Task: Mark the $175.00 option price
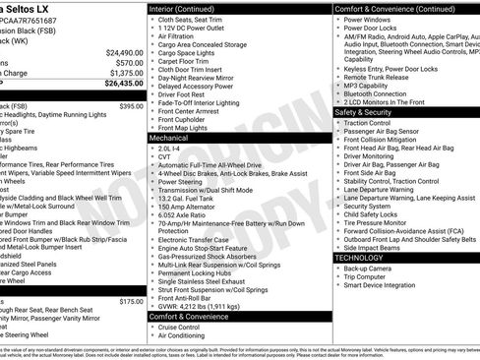131,302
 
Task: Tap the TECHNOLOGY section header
359,257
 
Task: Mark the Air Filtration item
179,35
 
